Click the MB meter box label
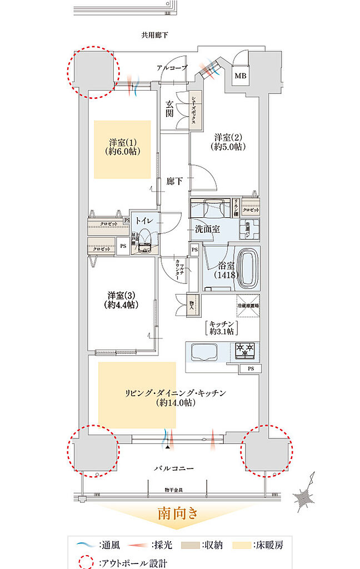(x=241, y=76)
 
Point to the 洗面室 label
(x=208, y=229)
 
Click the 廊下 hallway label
(x=174, y=181)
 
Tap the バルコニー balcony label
(x=174, y=468)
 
